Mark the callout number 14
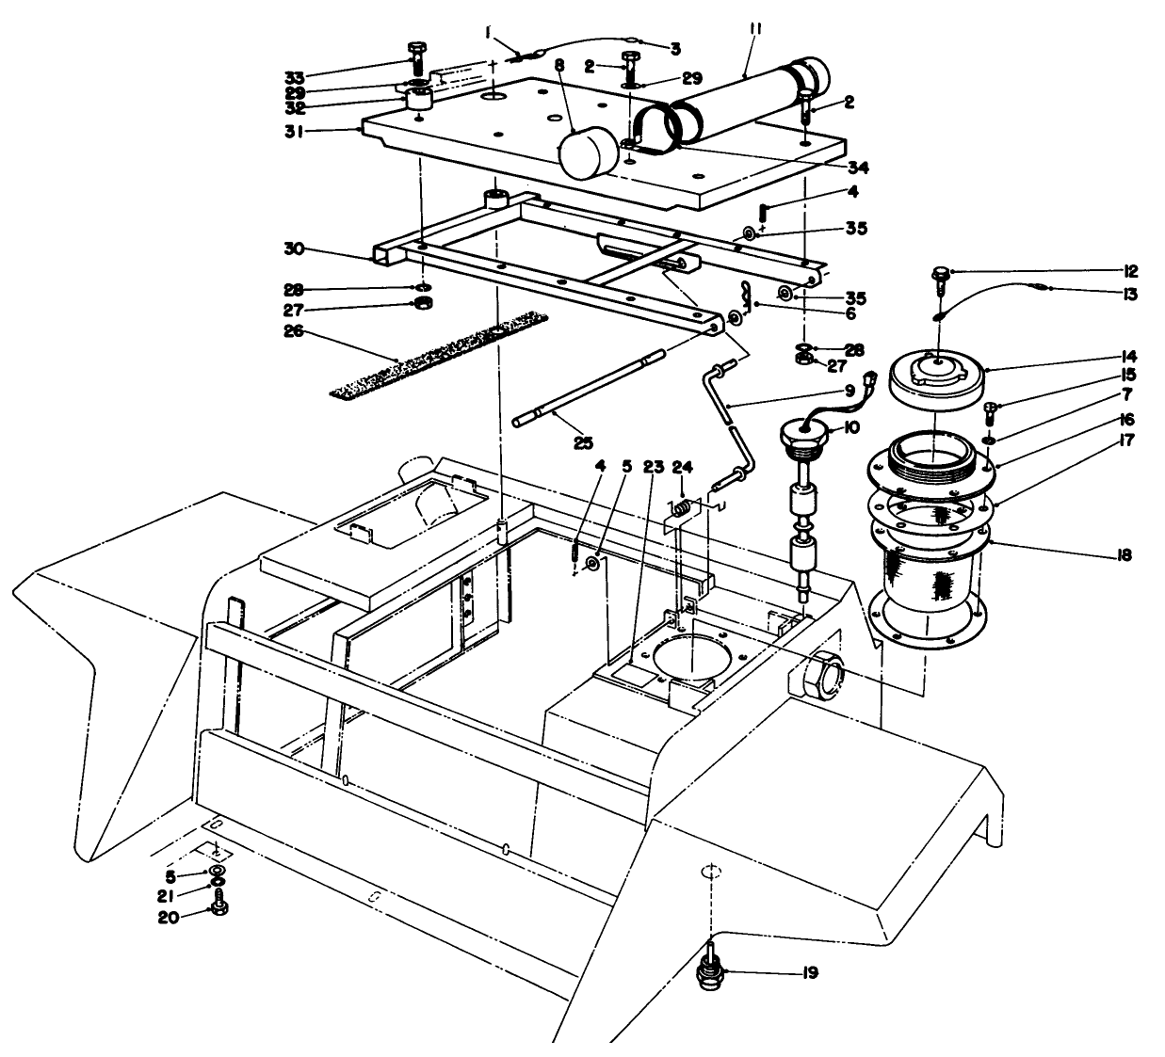tap(1128, 356)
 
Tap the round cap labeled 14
tap(934, 376)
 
